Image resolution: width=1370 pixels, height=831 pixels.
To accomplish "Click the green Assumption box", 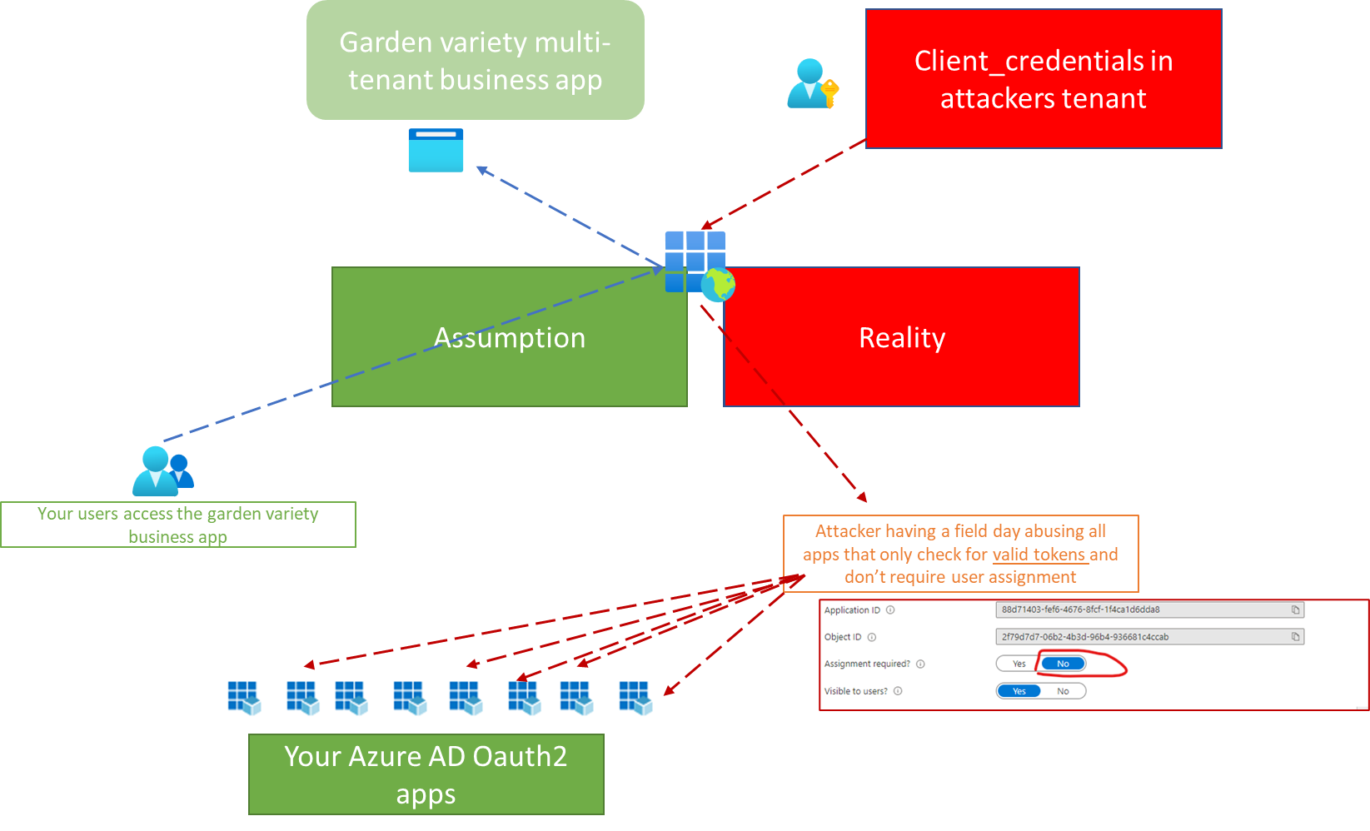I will point(509,336).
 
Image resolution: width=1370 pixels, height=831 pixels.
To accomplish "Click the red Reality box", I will point(901,336).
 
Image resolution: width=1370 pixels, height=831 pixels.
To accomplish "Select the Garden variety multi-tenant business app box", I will point(475,61).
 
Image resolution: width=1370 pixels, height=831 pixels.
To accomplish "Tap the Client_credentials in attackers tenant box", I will point(1043,79).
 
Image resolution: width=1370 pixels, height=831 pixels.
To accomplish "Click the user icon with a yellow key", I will point(812,84).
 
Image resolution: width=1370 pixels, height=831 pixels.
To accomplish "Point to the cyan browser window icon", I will point(436,151).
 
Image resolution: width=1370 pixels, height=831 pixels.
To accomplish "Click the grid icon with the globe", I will point(698,264).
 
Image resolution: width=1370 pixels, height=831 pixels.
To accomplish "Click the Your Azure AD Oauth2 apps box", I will point(426,774).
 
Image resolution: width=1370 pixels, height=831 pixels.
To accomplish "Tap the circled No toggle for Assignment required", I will point(1063,664).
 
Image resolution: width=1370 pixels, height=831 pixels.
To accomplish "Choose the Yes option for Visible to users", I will point(1019,691).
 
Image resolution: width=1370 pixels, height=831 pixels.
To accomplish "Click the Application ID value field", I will point(1141,610).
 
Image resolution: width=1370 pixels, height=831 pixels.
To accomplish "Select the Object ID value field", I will point(1141,637).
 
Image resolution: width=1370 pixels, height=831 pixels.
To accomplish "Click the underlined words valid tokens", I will point(1039,555).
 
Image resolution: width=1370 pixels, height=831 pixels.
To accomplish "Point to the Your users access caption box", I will point(177,525).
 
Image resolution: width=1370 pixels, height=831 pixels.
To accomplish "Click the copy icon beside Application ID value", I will point(1295,610).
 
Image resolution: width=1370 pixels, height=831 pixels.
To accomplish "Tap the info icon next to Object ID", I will point(872,637).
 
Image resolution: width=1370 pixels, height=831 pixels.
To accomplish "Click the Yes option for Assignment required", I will point(1019,664).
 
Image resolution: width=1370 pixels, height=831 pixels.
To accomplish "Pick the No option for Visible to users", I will point(1063,691).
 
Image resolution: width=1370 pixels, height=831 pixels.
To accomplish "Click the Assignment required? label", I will point(866,664).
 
